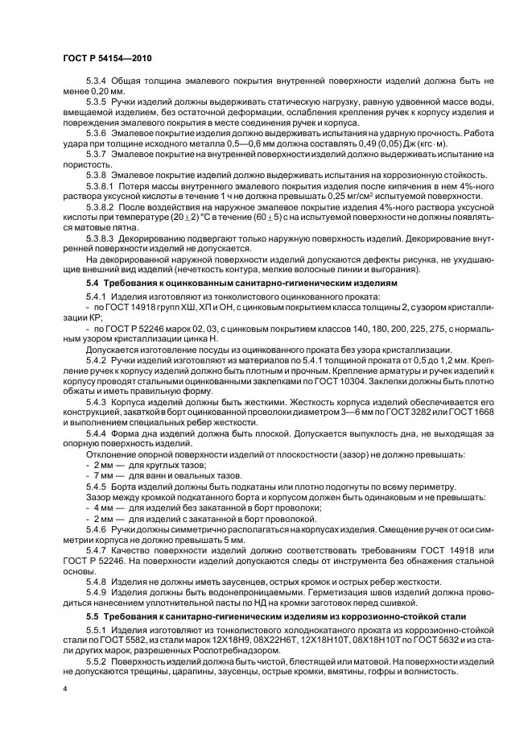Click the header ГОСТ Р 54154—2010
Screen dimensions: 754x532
tap(107, 60)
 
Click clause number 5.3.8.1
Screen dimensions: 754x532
tap(101, 184)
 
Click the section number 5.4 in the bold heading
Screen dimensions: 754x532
tap(93, 285)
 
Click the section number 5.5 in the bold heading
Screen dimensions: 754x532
tap(93, 616)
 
